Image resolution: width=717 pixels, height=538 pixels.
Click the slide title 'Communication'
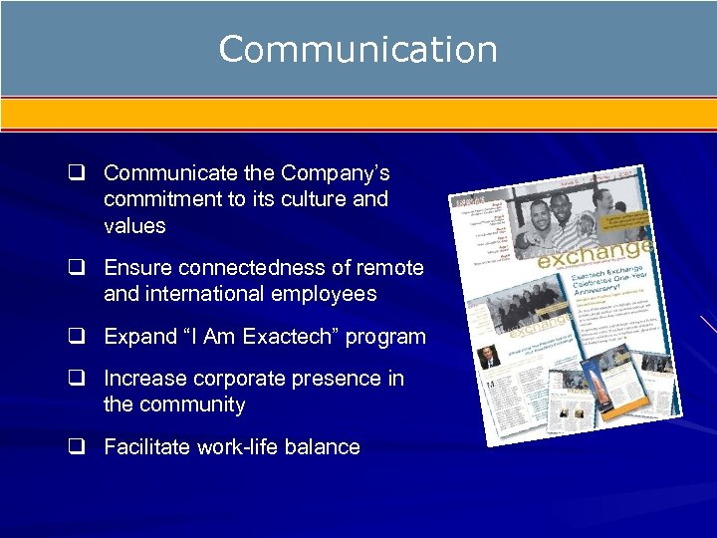pyautogui.click(x=358, y=49)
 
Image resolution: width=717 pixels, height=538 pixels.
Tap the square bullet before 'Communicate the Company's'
pyautogui.click(x=75, y=173)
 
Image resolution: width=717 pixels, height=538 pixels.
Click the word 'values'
pyautogui.click(x=134, y=226)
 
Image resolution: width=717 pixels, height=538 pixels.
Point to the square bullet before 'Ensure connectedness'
pyautogui.click(x=75, y=268)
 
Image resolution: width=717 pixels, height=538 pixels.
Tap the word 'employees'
pyautogui.click(x=322, y=294)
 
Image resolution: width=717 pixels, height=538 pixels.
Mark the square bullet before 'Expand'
pyautogui.click(x=75, y=337)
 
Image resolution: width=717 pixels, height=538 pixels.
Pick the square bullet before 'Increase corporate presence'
pyautogui.click(x=75, y=379)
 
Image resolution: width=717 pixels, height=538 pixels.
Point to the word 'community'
pyautogui.click(x=192, y=404)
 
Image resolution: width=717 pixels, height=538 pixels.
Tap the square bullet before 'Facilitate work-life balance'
pyautogui.click(x=75, y=447)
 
